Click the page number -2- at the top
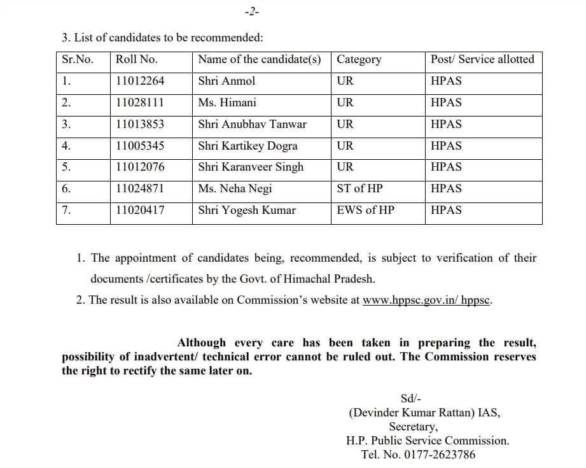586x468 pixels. (x=252, y=12)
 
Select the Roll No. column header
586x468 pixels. (x=136, y=59)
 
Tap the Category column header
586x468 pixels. (x=359, y=59)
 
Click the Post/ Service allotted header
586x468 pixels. (x=482, y=59)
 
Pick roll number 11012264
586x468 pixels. (x=140, y=81)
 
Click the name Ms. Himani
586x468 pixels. (x=227, y=103)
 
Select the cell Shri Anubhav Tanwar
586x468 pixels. (x=252, y=124)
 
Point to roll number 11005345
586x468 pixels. (x=140, y=146)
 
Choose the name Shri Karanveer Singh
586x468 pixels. (x=251, y=167)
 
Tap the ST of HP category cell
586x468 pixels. (x=359, y=188)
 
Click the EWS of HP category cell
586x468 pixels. (x=365, y=210)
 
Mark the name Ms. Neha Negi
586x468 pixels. (x=234, y=188)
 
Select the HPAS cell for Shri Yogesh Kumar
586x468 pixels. (x=446, y=210)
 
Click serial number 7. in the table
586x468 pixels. (x=66, y=210)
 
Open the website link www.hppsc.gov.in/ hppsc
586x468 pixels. (x=427, y=300)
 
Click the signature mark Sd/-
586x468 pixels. (x=410, y=399)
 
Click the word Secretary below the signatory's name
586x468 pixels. (x=413, y=427)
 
